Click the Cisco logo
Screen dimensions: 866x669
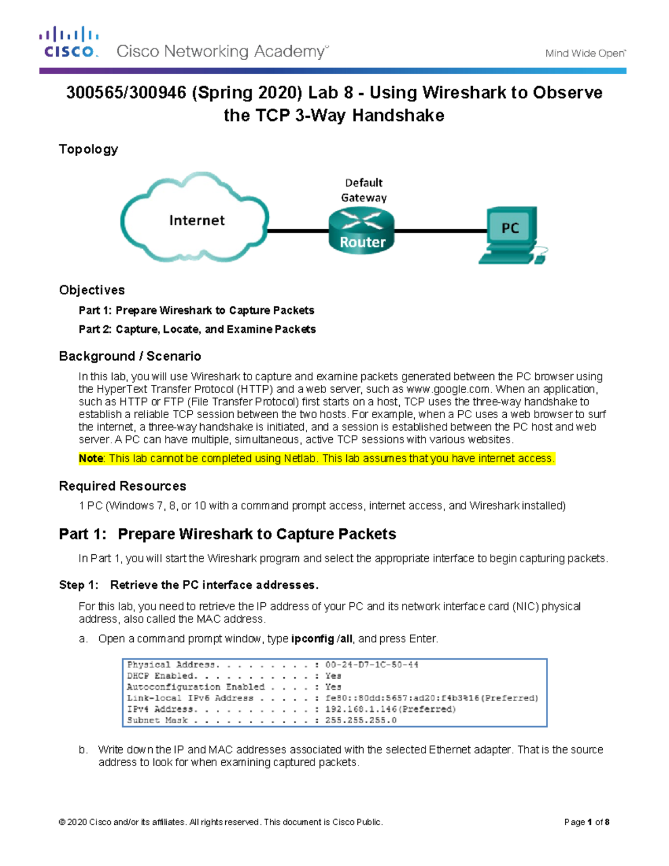tap(69, 42)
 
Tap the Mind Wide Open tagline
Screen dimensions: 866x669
tap(585, 54)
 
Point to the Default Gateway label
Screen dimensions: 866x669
tap(363, 190)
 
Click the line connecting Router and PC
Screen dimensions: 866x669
tap(440, 230)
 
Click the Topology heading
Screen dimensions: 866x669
tap(89, 149)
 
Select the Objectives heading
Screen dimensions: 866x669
tap(92, 290)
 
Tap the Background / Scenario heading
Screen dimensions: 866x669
tap(130, 356)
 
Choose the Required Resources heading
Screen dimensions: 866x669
tap(123, 486)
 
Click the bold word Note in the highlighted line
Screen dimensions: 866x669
tap(91, 459)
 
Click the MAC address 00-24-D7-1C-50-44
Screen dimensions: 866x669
tap(372, 665)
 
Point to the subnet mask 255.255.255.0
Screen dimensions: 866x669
tap(361, 720)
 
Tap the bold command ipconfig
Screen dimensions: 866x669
tap(312, 639)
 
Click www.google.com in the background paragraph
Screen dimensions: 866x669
tap(448, 389)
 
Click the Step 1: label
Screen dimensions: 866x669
tap(79, 585)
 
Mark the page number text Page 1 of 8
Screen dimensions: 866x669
tap(586, 822)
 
